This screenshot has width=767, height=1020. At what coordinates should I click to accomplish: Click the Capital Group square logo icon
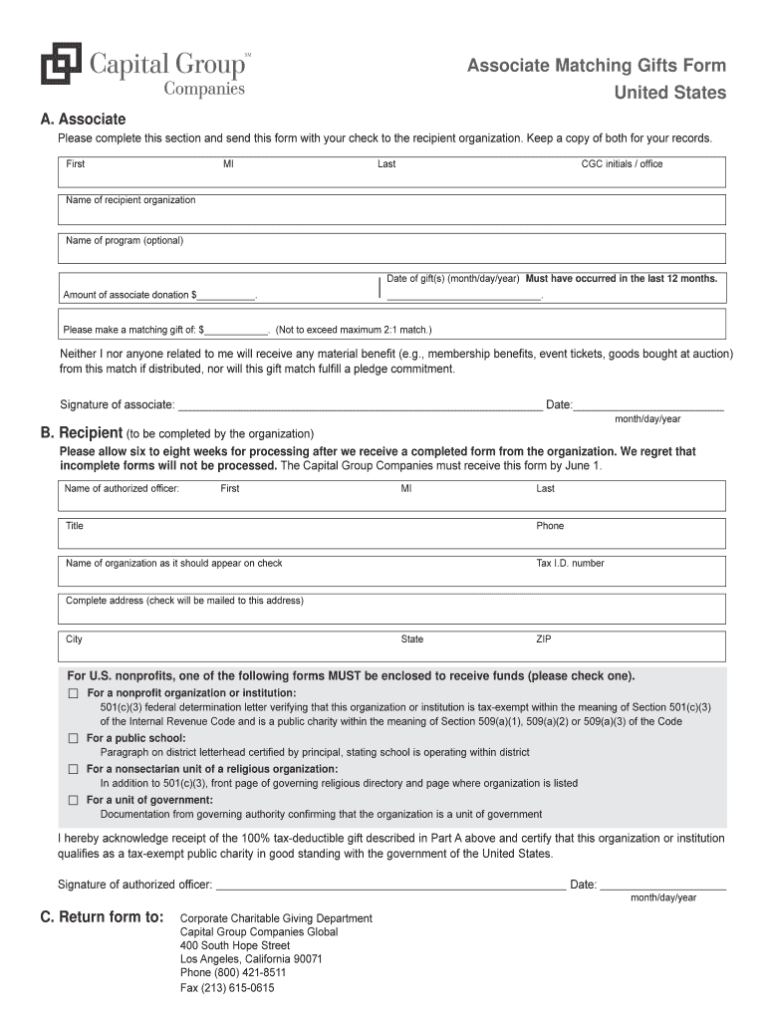(60, 65)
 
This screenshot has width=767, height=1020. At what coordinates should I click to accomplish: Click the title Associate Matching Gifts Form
(597, 66)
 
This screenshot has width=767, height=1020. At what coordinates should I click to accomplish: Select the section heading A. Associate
(83, 119)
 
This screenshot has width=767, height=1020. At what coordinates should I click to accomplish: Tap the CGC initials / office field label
(622, 163)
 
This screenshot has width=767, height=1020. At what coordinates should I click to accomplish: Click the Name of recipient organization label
(130, 200)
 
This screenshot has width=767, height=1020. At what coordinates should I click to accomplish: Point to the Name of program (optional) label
(125, 240)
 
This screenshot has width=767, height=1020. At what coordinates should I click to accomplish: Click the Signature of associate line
(359, 406)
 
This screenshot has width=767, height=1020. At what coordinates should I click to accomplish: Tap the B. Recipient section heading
(81, 433)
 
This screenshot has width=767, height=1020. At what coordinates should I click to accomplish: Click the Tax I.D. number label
(570, 563)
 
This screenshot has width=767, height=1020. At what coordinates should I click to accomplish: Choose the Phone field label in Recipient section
(550, 526)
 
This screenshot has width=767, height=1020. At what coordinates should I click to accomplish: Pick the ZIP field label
(544, 639)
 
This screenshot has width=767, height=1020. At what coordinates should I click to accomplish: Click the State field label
(412, 639)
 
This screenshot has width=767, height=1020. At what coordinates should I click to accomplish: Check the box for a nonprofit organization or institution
(73, 693)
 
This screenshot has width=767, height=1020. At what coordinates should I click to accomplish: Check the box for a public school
(73, 739)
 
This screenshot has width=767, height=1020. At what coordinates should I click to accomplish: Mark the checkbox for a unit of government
(73, 801)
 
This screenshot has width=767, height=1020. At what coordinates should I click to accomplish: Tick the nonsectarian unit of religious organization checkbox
(73, 770)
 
